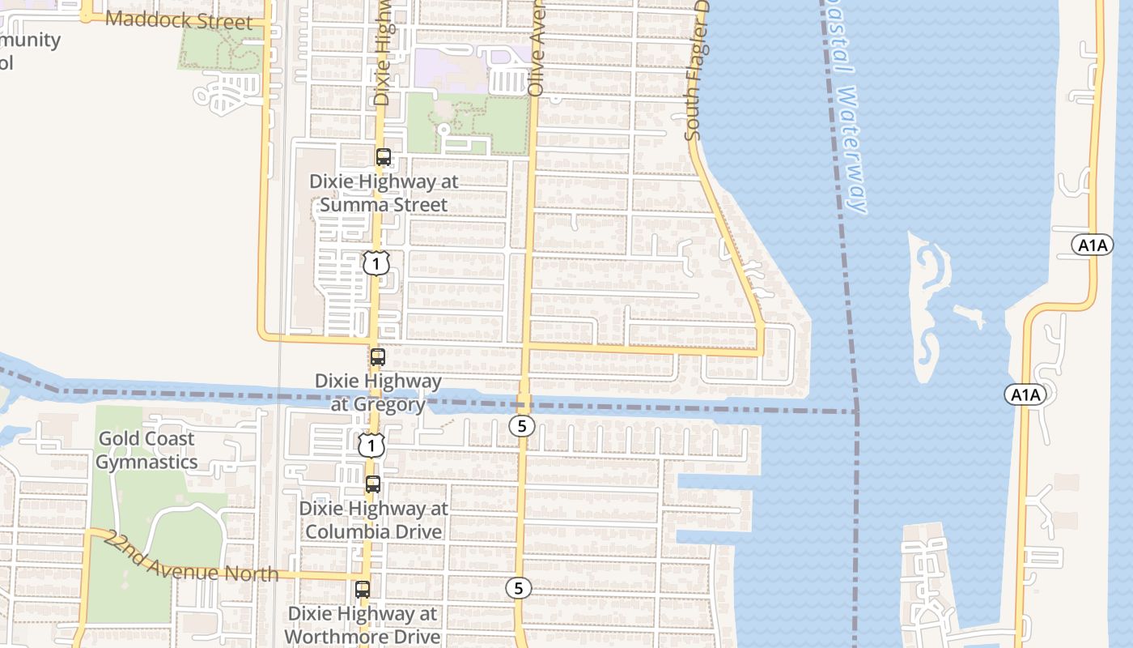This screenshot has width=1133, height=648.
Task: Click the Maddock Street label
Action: (179, 19)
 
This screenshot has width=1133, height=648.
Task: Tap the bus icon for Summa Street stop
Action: (384, 157)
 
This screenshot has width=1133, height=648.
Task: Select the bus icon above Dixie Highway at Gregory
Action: (377, 356)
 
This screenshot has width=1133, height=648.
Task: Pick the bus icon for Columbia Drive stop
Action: (372, 484)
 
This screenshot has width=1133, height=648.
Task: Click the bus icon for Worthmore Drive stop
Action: (363, 590)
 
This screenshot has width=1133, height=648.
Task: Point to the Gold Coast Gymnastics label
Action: (146, 450)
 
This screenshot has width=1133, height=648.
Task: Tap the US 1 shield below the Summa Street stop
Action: (376, 263)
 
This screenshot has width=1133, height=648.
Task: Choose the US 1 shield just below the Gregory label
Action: (371, 445)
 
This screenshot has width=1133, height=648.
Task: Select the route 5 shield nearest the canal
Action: (522, 425)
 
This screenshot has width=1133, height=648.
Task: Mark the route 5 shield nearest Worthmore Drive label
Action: (519, 588)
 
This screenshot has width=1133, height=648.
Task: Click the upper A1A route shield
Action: (1092, 245)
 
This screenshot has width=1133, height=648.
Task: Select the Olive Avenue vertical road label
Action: (537, 49)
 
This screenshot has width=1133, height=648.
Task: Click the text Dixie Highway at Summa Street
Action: (384, 193)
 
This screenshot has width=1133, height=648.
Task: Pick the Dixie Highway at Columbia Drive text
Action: (373, 520)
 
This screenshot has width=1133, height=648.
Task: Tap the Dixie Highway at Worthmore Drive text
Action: (363, 625)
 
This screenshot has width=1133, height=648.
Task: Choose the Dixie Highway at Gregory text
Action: (378, 392)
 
